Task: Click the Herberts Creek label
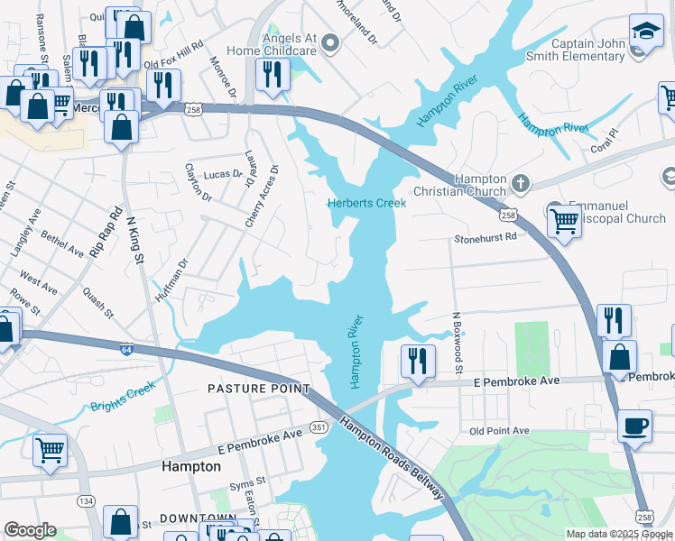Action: click(x=366, y=203)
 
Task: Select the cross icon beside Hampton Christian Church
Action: click(x=520, y=184)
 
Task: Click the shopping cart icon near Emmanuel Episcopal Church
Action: click(x=564, y=219)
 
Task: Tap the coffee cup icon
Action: click(x=634, y=425)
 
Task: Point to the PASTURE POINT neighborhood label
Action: click(x=258, y=389)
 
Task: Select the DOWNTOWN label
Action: click(x=198, y=518)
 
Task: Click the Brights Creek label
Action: click(x=123, y=397)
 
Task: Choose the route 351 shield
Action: click(x=319, y=427)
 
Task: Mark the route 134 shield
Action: click(x=86, y=501)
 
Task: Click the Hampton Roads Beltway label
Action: click(x=393, y=458)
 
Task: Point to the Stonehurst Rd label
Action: click(x=486, y=238)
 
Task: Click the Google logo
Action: click(x=30, y=530)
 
